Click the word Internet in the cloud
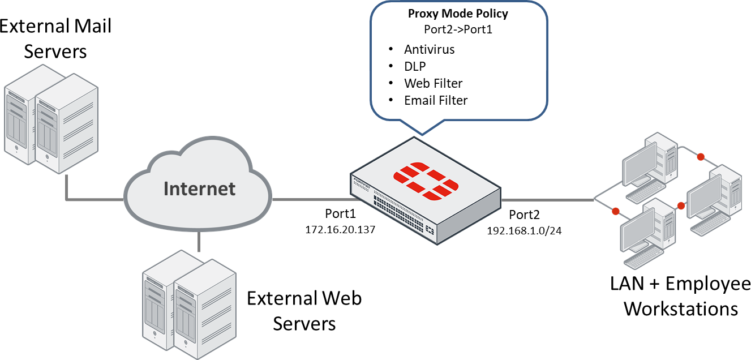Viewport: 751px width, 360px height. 199,188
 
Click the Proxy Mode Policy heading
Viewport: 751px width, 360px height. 458,14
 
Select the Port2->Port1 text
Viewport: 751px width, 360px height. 458,29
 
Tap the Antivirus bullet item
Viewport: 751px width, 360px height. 429,49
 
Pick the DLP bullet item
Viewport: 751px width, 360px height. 415,66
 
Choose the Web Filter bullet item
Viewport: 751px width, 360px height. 433,83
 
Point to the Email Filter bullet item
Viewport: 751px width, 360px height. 435,100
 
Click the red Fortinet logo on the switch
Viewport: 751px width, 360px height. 425,181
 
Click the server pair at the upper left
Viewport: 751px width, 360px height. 51,119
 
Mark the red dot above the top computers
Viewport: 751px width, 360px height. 701,156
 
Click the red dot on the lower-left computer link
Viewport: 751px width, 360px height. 616,212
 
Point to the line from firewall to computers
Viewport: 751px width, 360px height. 546,200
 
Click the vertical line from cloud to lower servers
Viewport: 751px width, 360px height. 199,242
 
